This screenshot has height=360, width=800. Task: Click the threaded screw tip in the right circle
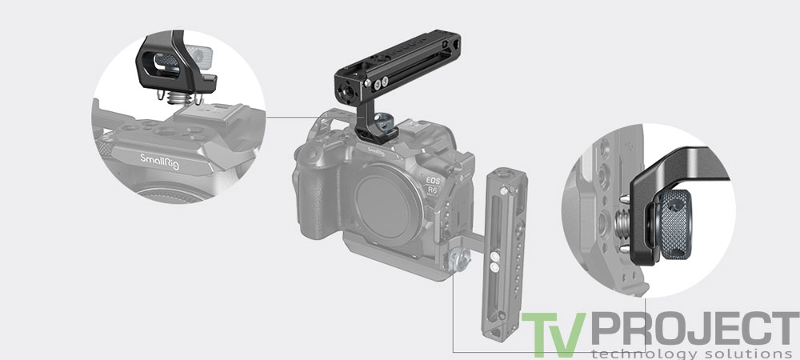(625, 218)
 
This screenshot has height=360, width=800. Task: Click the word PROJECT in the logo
(687, 329)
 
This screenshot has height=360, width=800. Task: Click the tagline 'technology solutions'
(685, 353)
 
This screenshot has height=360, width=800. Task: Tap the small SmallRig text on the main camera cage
(374, 149)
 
